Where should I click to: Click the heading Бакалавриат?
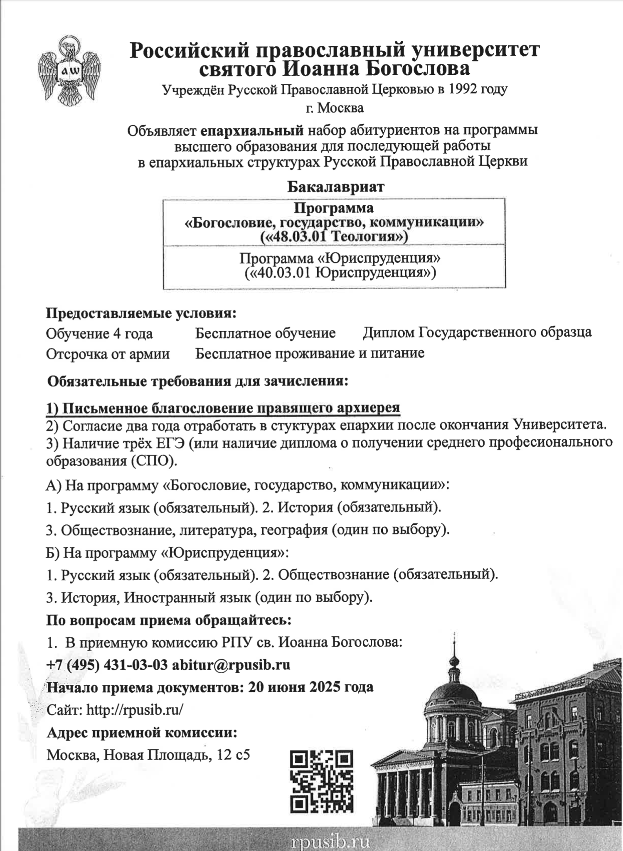(335, 187)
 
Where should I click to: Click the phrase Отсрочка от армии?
(108, 354)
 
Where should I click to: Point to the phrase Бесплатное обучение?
(265, 333)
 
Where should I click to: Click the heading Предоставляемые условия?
(141, 313)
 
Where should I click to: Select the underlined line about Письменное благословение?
(223, 408)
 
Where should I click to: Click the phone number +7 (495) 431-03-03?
(107, 665)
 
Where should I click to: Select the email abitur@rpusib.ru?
(231, 665)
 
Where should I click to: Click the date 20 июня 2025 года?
(310, 687)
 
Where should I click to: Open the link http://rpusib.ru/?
(134, 710)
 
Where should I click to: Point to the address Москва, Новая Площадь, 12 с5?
(148, 755)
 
